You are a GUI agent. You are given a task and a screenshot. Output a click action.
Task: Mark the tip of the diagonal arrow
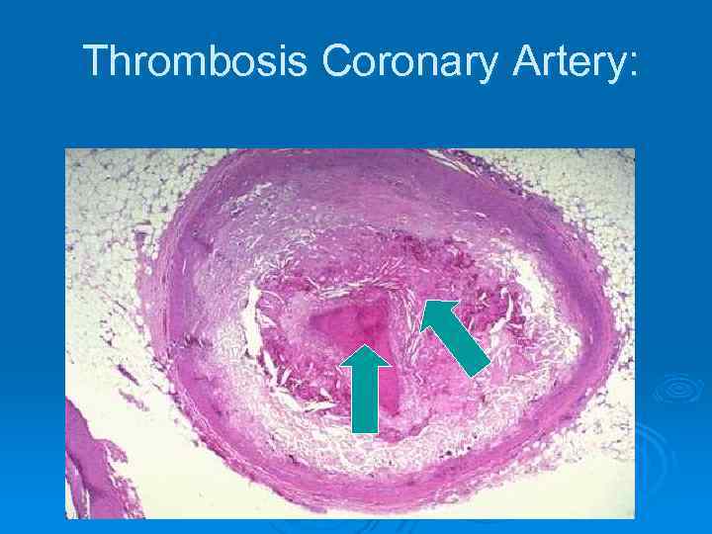(x=424, y=300)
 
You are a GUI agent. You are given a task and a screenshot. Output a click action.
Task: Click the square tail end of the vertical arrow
(x=365, y=431)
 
